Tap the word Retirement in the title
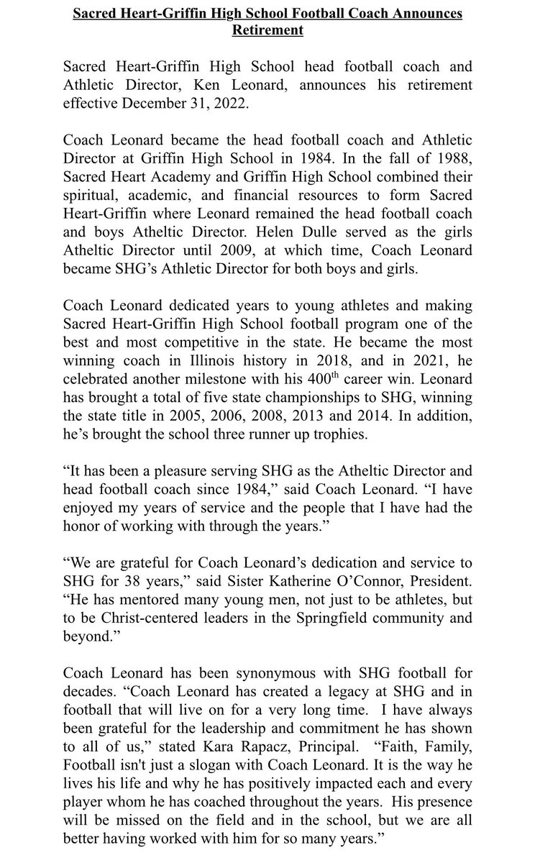point(267,31)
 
